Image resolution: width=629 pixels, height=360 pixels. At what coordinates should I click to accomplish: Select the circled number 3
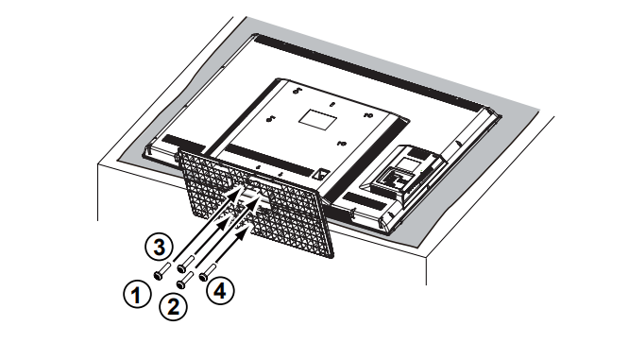point(162,249)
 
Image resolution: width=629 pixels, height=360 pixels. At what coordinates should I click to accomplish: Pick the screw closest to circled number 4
point(202,272)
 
